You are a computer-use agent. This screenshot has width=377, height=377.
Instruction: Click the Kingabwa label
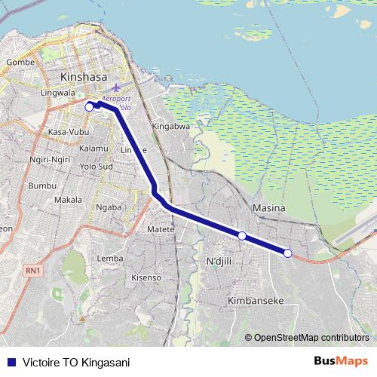coord(170,127)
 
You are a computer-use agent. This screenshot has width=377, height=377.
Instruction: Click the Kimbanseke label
coord(255,300)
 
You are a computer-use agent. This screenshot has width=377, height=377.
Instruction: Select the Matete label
coord(161,229)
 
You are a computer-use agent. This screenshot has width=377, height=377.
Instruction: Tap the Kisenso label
coord(146,277)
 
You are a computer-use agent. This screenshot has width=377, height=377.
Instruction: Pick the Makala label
coord(68,200)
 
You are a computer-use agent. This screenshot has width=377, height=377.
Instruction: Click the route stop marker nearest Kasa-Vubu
coord(88,107)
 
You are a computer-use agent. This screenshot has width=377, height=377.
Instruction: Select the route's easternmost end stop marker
coord(287,253)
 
